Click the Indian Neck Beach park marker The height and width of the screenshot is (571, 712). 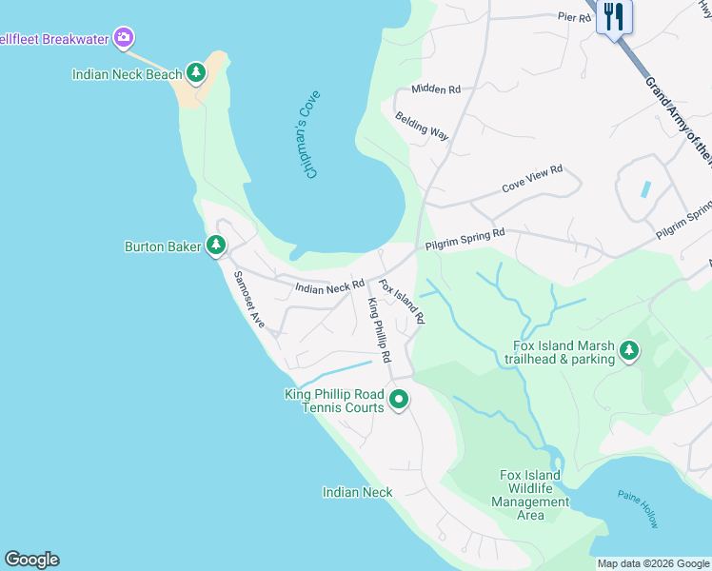(x=196, y=72)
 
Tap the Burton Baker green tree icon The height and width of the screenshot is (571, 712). (x=216, y=246)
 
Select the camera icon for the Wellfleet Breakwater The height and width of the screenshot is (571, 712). (x=123, y=38)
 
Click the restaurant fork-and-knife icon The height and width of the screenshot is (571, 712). (x=614, y=16)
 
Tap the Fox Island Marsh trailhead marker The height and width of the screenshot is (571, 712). (x=628, y=351)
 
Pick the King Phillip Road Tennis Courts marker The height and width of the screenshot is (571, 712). (x=400, y=400)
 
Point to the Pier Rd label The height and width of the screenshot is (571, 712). (x=574, y=17)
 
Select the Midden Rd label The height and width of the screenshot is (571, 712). (x=436, y=89)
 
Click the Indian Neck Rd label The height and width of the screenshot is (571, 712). (x=329, y=285)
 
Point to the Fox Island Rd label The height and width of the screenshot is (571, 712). (x=401, y=300)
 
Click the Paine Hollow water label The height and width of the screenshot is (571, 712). (x=637, y=509)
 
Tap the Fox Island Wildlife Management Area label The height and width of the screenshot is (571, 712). (x=530, y=495)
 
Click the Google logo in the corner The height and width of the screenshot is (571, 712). (x=31, y=560)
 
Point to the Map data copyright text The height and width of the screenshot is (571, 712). (x=652, y=563)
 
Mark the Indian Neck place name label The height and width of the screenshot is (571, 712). (x=357, y=492)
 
